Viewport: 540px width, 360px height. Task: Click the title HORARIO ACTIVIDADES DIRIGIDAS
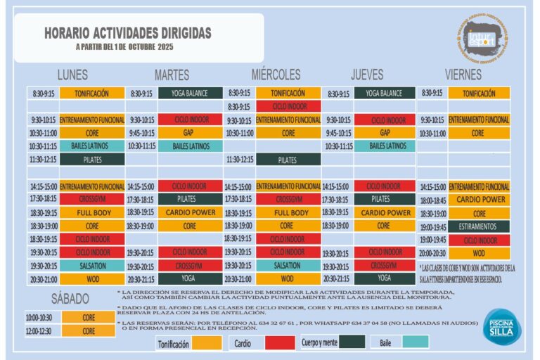[127, 33]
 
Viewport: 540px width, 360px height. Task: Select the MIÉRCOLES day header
[276, 75]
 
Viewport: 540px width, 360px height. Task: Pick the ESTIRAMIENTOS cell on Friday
[478, 226]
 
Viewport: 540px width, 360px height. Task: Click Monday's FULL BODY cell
[93, 212]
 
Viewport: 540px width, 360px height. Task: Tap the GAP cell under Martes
[188, 133]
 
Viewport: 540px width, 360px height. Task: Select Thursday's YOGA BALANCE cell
[384, 93]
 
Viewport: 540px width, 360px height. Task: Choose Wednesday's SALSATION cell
[288, 266]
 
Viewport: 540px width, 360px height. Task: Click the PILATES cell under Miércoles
[288, 160]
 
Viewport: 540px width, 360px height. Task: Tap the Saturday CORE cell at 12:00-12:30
[89, 330]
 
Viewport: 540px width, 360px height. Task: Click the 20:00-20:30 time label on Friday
[432, 253]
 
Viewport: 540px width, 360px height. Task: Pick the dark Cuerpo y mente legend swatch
[352, 342]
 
